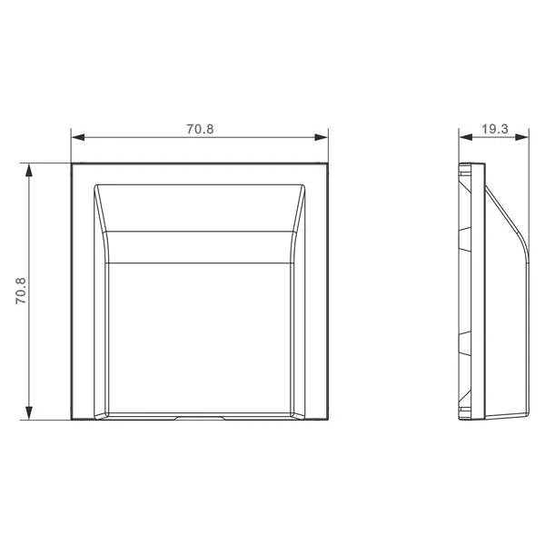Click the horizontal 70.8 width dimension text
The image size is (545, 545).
coord(200,129)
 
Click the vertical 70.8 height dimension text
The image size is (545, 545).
coord(21,291)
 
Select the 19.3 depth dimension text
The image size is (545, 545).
coord(495,129)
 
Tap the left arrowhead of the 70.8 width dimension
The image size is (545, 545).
coord(78,137)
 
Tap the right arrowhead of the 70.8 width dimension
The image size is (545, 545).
coord(321,137)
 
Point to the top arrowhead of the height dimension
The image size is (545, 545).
coord(29,170)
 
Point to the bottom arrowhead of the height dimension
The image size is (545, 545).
coord(29,413)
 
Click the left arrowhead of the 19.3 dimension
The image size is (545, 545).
coord(466,137)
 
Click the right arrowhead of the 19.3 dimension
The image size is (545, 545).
coord(521,137)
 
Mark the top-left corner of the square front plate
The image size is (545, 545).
coord(72,163)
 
